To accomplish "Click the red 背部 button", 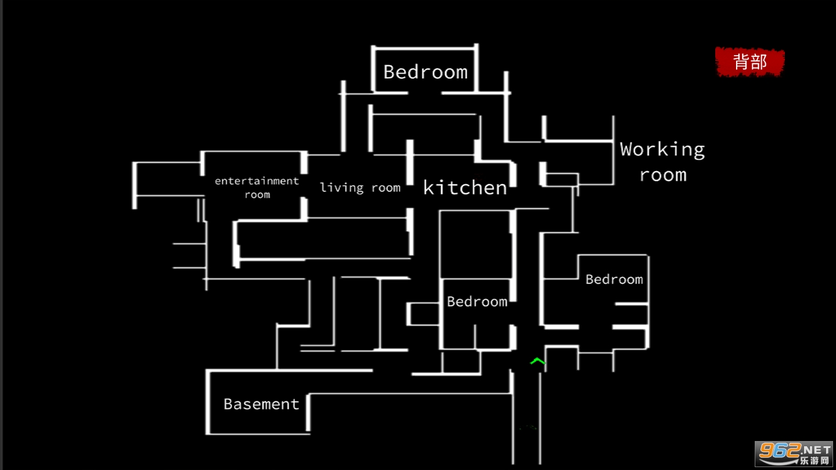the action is click(x=750, y=62).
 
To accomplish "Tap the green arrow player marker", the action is click(x=538, y=361).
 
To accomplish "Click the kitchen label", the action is click(x=465, y=187).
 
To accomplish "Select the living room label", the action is click(x=360, y=187).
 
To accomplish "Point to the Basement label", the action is click(x=261, y=404).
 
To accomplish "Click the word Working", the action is click(x=662, y=150).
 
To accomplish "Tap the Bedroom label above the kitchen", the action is click(x=426, y=72).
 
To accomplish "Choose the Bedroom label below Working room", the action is click(x=614, y=280).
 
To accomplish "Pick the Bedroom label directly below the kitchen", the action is click(x=477, y=301).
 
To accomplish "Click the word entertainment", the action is click(x=257, y=181).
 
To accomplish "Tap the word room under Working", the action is click(x=663, y=175).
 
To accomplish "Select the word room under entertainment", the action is click(x=257, y=195).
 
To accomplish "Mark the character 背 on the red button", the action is click(x=741, y=62).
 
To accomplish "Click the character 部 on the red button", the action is click(x=759, y=62).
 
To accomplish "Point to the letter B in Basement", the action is click(x=228, y=404).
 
